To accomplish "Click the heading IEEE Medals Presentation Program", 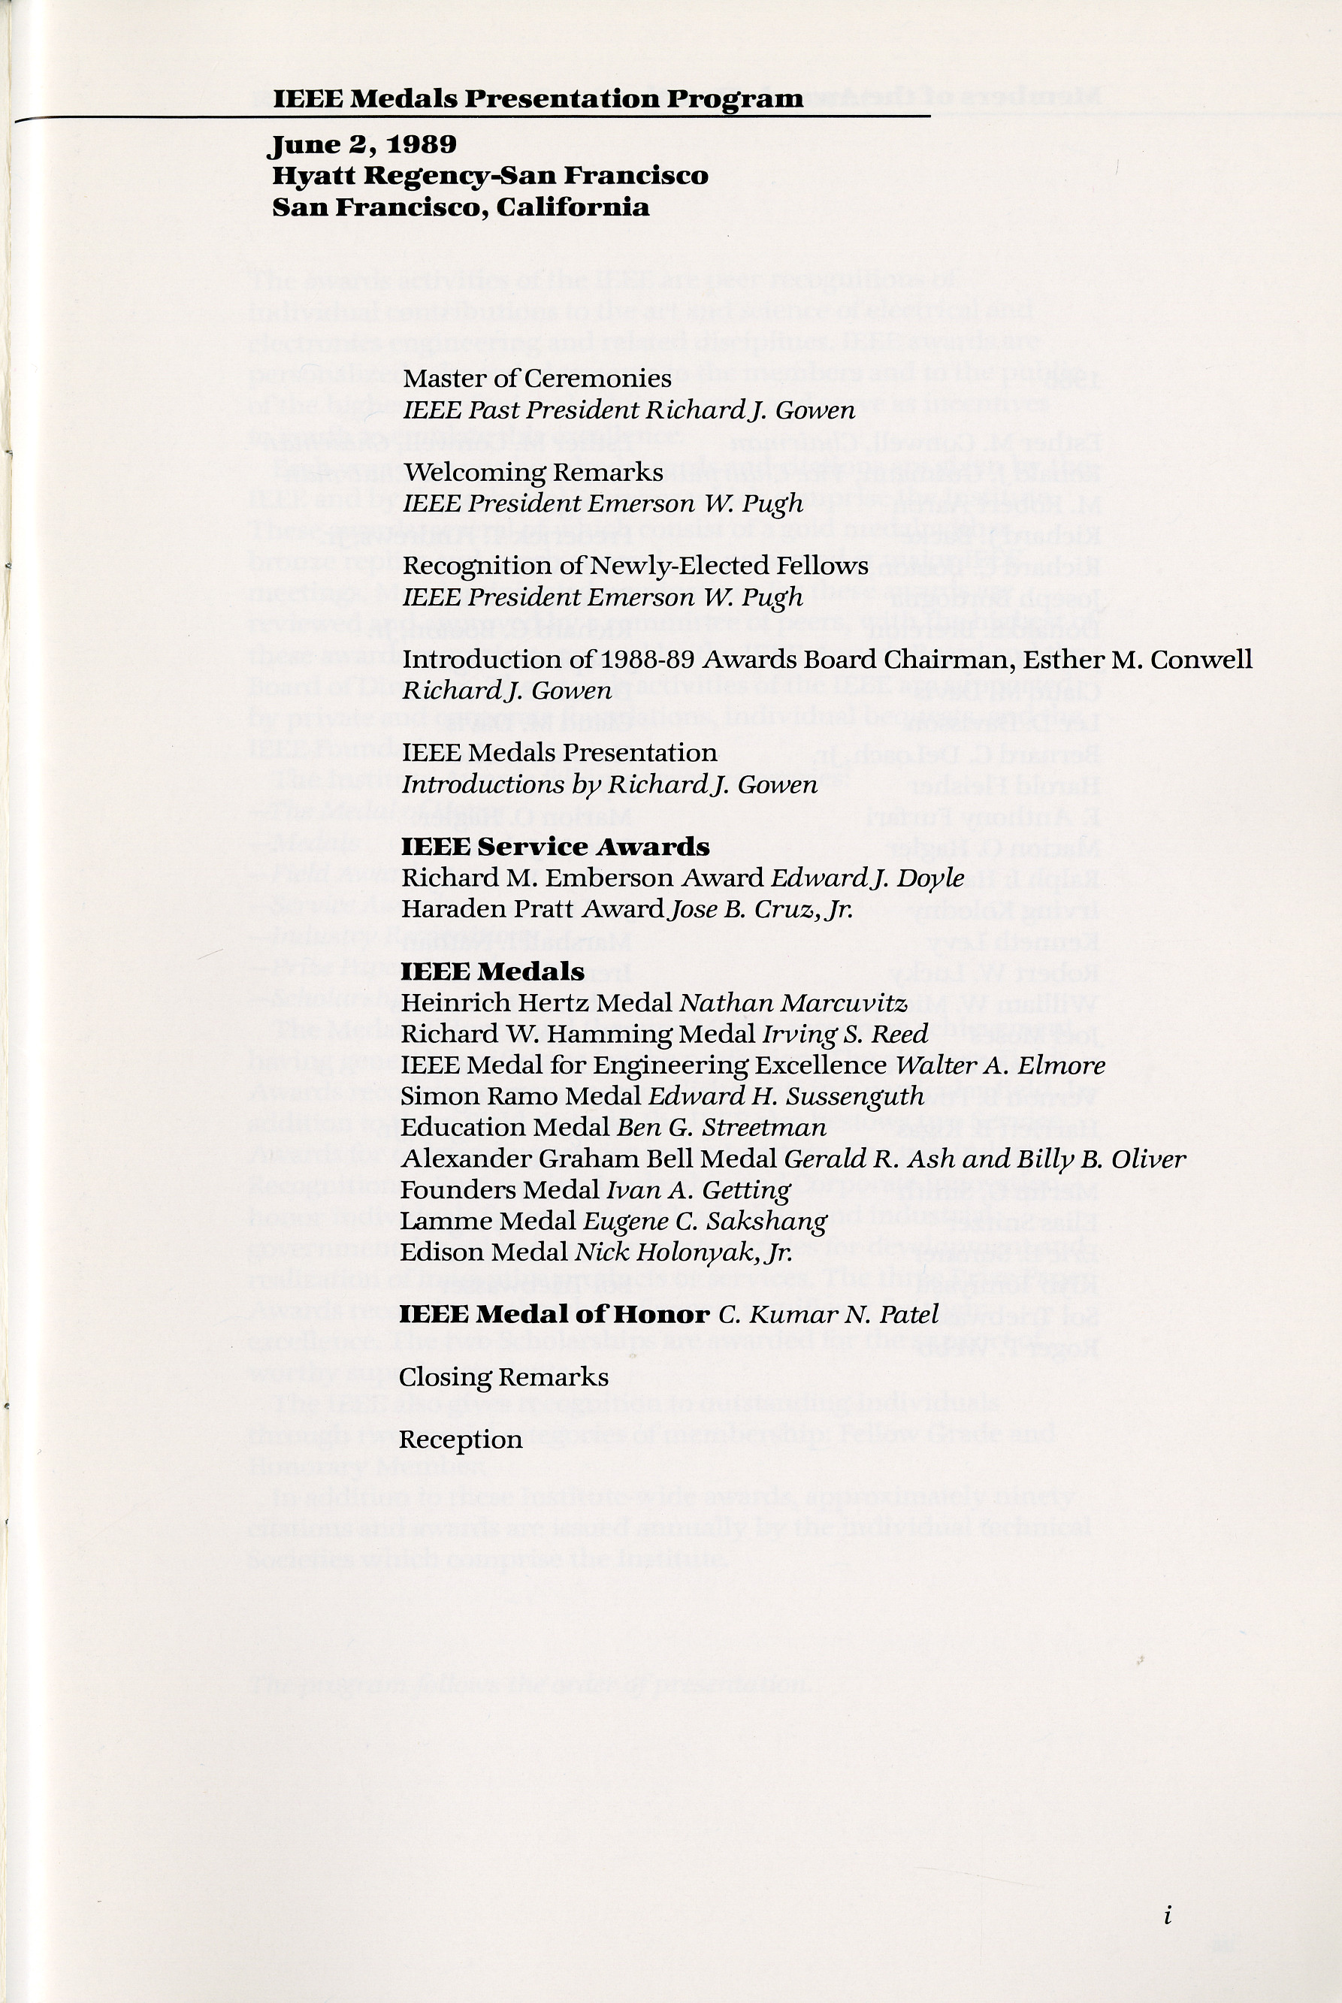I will pos(538,99).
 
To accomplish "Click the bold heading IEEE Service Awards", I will pos(555,847).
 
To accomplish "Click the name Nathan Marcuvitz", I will pos(793,1003).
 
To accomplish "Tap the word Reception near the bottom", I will pos(461,1440).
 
